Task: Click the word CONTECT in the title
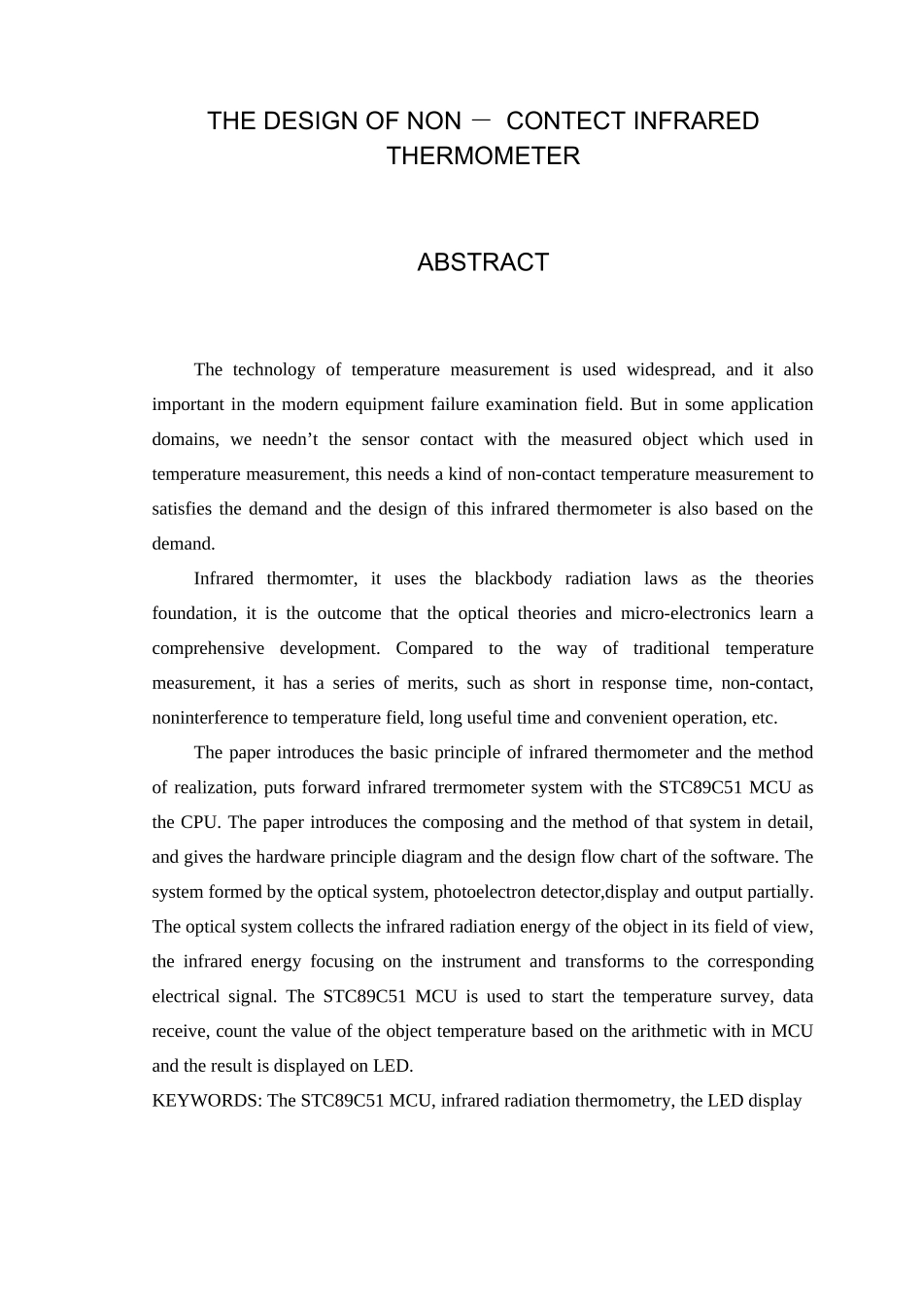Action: (565, 121)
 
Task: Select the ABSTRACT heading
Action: (483, 262)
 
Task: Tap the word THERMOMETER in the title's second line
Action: (483, 156)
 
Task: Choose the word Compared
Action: (431, 648)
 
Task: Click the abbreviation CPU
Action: (201, 822)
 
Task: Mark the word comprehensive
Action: (208, 648)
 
